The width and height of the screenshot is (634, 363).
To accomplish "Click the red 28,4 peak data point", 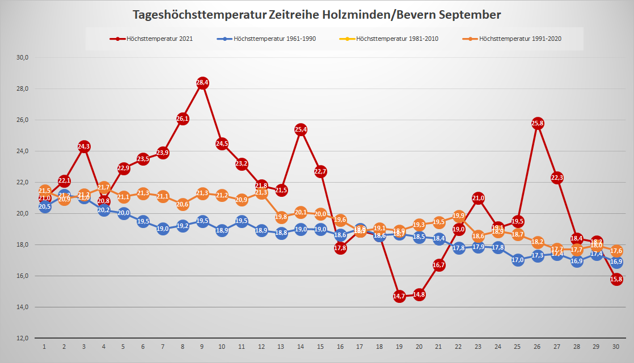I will [x=202, y=83].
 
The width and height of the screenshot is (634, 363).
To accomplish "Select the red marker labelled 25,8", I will [x=538, y=123].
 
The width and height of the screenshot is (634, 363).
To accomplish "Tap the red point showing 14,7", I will [x=399, y=296].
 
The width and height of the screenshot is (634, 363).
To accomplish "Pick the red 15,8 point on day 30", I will [x=616, y=279].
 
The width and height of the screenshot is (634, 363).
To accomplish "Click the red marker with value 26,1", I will [x=183, y=119].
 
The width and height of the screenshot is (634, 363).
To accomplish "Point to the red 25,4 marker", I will [x=301, y=129].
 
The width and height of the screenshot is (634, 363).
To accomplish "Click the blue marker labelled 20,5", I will [x=45, y=207].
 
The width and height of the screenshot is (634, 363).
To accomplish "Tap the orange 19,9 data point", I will [x=459, y=216].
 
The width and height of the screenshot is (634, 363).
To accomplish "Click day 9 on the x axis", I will [x=202, y=346].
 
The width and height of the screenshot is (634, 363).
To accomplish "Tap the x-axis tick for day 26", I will [x=538, y=346].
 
